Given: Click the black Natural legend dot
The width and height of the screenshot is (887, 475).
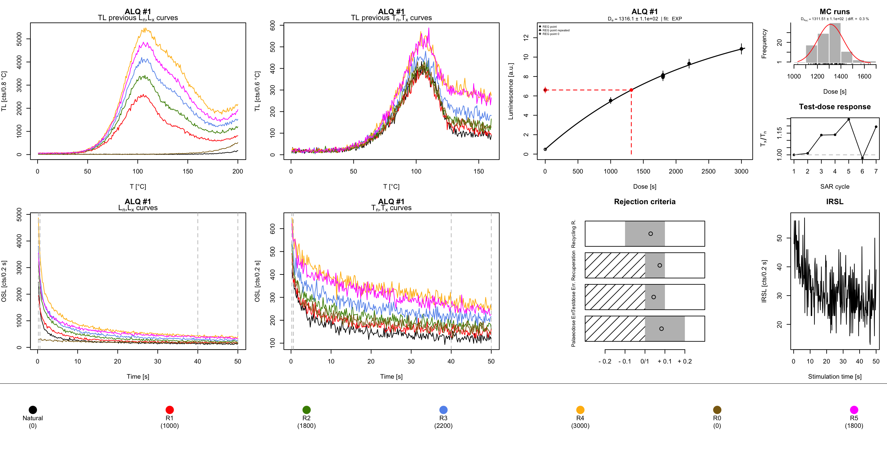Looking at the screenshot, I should click(33, 410).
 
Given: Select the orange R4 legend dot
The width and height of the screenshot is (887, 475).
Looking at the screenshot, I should click(580, 410).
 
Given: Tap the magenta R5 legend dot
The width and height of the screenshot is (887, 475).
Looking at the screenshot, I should click(854, 410).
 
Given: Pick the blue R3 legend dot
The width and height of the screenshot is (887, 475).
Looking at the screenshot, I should click(443, 410).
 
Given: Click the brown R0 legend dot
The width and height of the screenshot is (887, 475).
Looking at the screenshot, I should click(717, 410).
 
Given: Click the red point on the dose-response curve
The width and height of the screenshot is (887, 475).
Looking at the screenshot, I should click(631, 90).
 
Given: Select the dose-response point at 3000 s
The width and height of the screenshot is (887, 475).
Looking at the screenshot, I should click(741, 49).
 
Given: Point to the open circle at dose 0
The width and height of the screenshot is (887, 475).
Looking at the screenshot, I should click(545, 149).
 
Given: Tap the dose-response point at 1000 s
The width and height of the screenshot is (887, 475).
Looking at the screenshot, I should click(610, 101).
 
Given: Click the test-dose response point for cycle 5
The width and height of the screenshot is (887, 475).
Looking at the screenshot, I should click(849, 119).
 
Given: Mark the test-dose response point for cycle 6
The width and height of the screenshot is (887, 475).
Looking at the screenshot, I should click(863, 158).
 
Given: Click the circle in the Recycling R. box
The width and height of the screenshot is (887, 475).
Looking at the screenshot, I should click(650, 234).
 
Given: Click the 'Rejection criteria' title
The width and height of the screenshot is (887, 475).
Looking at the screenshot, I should click(644, 202).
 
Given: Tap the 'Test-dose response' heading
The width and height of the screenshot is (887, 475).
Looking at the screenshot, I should click(835, 107).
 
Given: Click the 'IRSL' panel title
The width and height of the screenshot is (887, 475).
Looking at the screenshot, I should click(835, 202).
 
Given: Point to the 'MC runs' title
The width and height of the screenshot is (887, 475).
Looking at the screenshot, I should click(835, 12).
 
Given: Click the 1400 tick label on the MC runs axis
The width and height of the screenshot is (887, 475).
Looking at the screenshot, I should click(841, 77).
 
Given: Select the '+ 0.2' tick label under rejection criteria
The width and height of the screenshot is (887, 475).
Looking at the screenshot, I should click(684, 362).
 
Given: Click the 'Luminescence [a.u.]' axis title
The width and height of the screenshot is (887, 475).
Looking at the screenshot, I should click(511, 91).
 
